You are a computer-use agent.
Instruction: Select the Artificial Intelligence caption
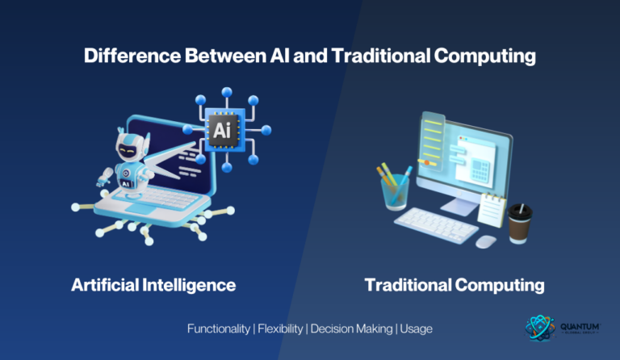point(153,285)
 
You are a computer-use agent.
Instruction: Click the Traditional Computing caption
point(455,285)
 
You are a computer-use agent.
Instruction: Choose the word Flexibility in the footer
point(279,329)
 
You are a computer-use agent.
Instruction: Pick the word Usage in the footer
point(416,329)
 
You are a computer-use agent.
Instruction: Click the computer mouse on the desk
point(485,241)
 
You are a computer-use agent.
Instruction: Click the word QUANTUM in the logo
point(580,325)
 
